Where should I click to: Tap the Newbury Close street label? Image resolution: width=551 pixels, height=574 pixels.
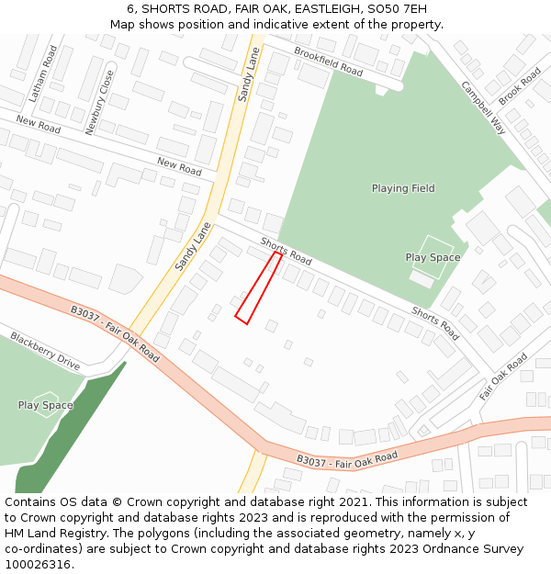click(x=99, y=102)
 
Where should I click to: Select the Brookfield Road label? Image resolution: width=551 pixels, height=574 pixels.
click(x=328, y=61)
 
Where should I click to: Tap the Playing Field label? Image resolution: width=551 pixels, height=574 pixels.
click(x=403, y=188)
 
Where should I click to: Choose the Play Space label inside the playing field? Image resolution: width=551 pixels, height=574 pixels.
click(x=433, y=257)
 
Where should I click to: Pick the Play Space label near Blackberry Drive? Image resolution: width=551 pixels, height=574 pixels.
click(x=45, y=405)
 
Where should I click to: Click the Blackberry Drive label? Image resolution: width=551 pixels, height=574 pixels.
click(x=45, y=351)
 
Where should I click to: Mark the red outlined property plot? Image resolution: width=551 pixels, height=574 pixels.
click(x=258, y=288)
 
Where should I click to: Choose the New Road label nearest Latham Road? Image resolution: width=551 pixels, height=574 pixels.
click(x=38, y=125)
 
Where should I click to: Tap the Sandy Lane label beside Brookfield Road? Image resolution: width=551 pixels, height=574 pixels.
click(x=248, y=74)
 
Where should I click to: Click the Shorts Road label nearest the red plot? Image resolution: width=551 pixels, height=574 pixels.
click(x=286, y=251)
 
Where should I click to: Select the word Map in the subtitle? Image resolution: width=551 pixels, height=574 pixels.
click(x=123, y=25)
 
